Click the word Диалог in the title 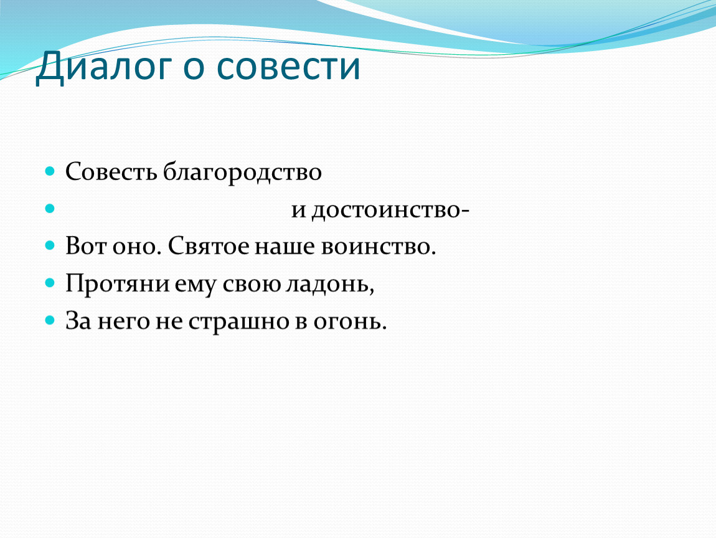click(104, 67)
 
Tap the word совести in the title click(288, 66)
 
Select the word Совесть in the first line click(111, 172)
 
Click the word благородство click(242, 172)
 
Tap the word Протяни click(118, 283)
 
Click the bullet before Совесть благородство click(50, 172)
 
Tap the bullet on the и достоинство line click(50, 209)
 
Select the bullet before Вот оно click(50, 246)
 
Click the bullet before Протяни click(50, 283)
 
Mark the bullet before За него click(50, 320)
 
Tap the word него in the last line click(124, 321)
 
